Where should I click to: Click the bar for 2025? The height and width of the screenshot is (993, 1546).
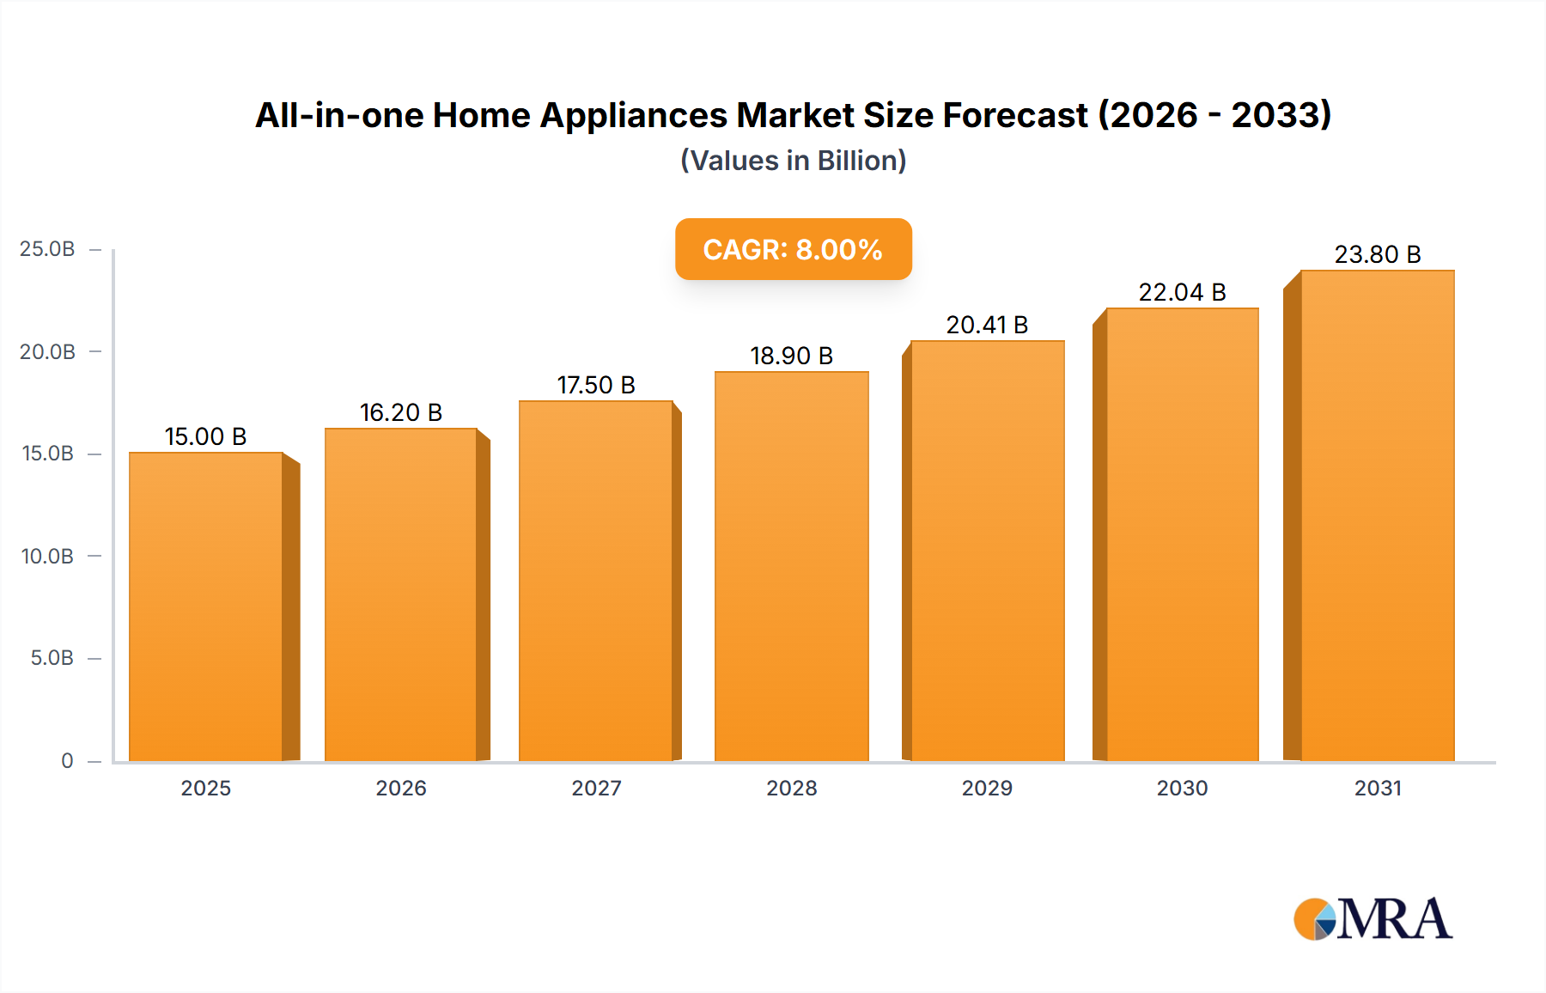tap(206, 606)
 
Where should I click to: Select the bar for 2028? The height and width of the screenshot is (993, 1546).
tap(791, 567)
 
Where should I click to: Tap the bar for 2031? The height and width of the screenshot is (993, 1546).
tap(1377, 515)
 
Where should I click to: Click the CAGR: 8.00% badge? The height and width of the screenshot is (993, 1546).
tap(793, 249)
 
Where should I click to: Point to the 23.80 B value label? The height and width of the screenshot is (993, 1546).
tap(1377, 254)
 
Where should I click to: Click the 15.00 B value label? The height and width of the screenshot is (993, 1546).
tap(206, 436)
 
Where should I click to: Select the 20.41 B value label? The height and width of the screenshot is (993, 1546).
tap(987, 325)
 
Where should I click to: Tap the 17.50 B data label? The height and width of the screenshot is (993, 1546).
tap(596, 385)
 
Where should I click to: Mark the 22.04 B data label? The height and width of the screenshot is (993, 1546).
tap(1182, 292)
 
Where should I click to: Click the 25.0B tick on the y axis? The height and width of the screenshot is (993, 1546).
tap(47, 249)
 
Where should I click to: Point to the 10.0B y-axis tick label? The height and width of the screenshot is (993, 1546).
tap(47, 556)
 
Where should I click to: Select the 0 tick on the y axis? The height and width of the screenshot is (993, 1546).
tap(67, 760)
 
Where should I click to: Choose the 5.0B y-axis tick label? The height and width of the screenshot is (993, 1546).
tap(52, 658)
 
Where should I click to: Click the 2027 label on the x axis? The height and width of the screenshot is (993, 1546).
tap(596, 788)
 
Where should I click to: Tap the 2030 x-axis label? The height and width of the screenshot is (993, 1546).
tap(1182, 788)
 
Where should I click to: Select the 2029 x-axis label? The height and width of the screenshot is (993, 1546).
tap(987, 788)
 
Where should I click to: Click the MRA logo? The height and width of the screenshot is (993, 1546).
tap(1373, 919)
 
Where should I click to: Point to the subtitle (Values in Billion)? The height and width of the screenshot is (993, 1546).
tap(793, 161)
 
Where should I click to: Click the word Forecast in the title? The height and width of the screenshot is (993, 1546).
tap(1015, 115)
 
